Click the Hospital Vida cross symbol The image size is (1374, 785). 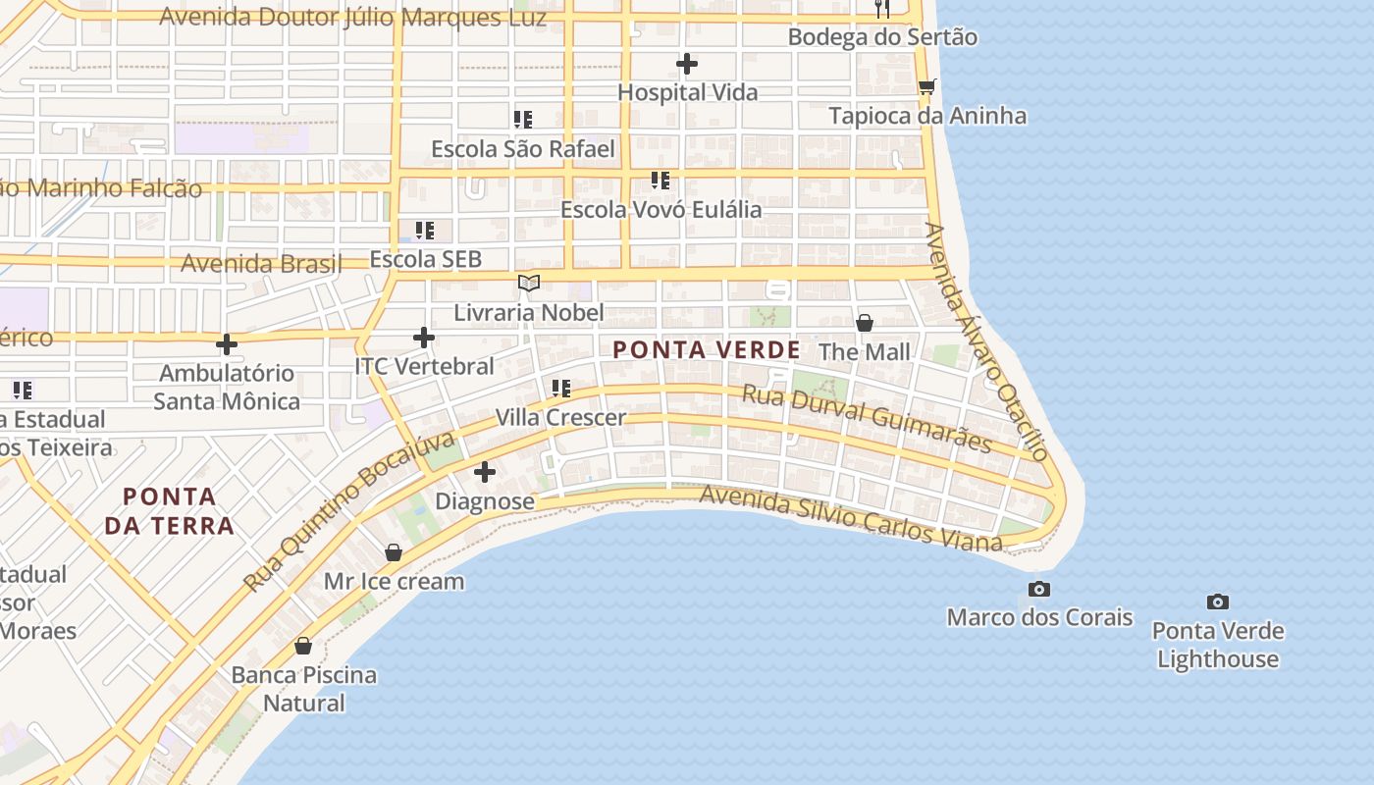click(x=687, y=65)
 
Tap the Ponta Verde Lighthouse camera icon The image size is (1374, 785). click(x=1218, y=602)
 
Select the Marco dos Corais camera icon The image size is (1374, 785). click(x=1039, y=589)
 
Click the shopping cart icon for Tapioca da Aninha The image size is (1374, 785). click(x=926, y=86)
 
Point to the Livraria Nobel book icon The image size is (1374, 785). click(x=529, y=284)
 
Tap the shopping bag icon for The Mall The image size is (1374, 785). click(x=865, y=323)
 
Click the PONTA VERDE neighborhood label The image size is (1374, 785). click(x=707, y=349)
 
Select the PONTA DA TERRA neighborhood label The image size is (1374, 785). click(x=170, y=510)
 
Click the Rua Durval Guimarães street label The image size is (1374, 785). click(x=867, y=418)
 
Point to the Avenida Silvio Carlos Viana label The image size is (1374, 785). click(x=851, y=518)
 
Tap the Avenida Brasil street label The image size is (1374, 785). click(x=261, y=263)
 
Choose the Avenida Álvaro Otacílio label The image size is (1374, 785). click(x=986, y=341)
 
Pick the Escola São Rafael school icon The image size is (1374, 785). click(x=523, y=120)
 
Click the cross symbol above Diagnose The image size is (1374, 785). click(x=485, y=472)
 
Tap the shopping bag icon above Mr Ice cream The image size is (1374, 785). click(x=394, y=552)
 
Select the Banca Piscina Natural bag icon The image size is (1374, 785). click(x=303, y=646)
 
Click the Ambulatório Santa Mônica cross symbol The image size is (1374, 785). click(x=227, y=344)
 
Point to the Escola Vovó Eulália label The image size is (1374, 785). click(x=661, y=209)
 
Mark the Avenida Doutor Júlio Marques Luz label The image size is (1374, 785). click(x=352, y=17)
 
